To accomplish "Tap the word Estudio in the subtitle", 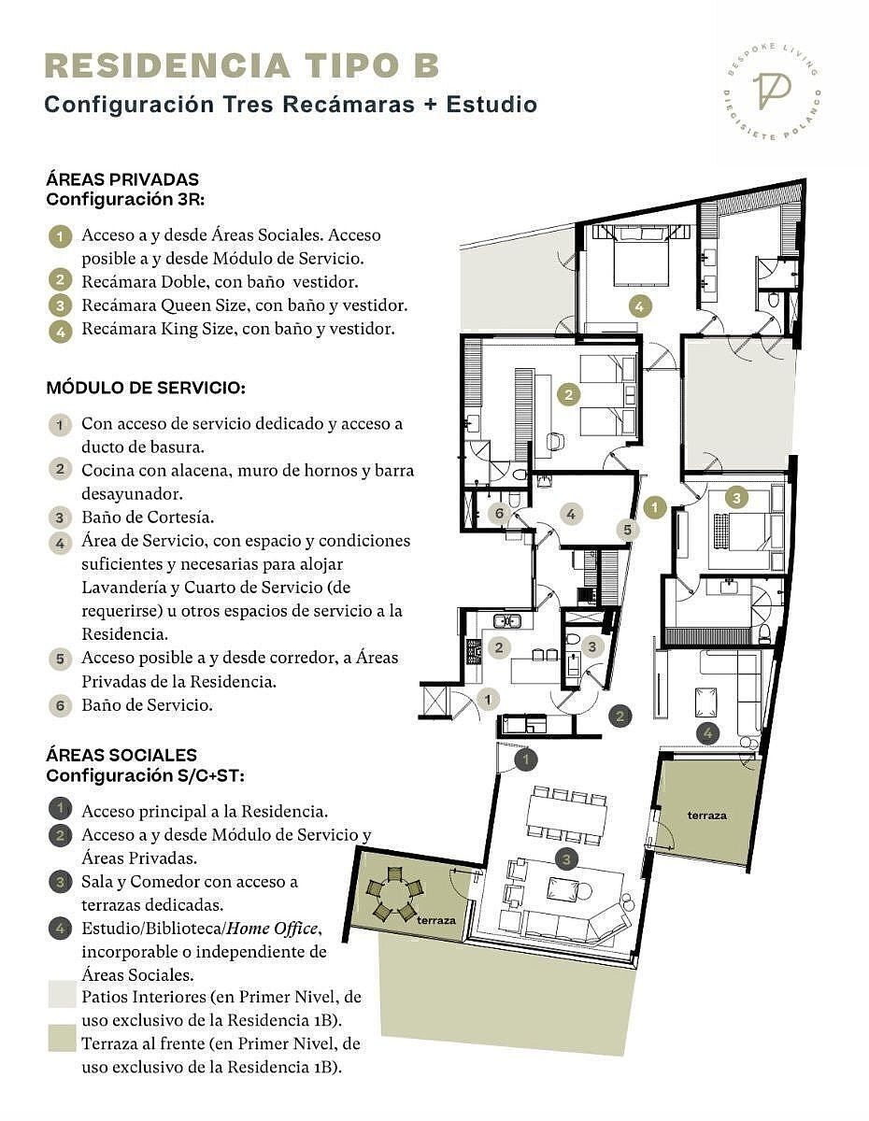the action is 491,105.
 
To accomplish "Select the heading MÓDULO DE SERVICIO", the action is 146,388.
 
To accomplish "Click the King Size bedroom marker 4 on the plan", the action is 639,306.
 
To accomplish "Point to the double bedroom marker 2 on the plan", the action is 569,395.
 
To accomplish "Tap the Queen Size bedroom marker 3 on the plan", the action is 736,498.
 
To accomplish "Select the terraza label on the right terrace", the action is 707,816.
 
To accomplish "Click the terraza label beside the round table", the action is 436,920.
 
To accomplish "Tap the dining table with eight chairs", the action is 566,816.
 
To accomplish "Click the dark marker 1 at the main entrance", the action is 526,759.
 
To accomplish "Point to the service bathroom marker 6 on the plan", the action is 499,513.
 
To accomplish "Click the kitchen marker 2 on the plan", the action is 499,647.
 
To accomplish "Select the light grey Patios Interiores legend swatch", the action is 62,994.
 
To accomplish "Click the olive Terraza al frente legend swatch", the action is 62,1038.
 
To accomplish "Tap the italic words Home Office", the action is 272,928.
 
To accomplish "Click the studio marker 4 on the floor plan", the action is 707,733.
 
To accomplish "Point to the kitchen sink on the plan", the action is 506,620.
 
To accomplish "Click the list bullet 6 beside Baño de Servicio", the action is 60,705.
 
